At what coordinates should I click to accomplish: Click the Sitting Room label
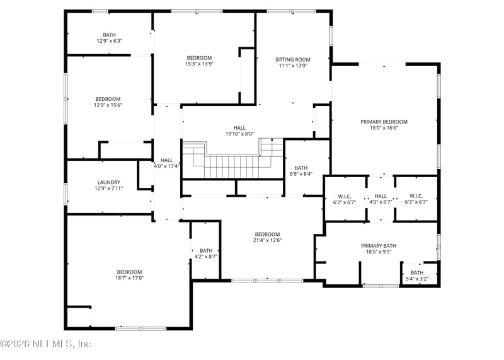point(293,59)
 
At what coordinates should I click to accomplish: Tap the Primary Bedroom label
point(384,122)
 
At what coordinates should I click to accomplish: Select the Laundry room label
point(109,182)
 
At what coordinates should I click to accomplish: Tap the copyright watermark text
point(46,344)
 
